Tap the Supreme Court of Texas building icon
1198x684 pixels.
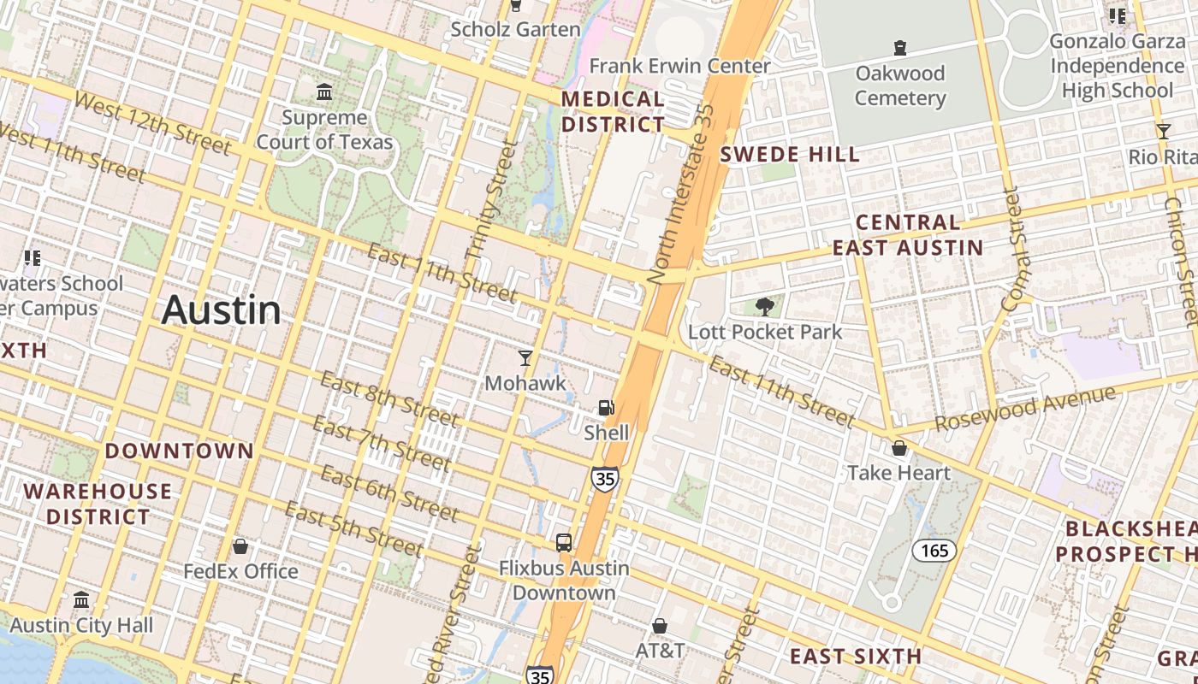[x=324, y=91]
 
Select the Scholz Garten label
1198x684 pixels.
[x=515, y=29]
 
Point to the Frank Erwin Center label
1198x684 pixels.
[x=679, y=66]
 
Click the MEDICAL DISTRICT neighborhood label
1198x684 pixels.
[x=613, y=112]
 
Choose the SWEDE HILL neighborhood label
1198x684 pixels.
[x=789, y=155]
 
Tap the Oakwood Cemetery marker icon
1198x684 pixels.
[x=899, y=48]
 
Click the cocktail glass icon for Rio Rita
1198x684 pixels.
[x=1163, y=131]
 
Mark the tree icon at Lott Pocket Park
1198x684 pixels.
[x=765, y=307]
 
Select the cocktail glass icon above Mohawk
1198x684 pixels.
[x=525, y=357]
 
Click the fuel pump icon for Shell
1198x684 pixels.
[x=606, y=408]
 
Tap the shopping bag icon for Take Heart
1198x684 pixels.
[x=899, y=448]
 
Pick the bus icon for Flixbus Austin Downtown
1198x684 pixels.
[x=563, y=542]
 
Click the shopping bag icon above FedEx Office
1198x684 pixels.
[x=240, y=545]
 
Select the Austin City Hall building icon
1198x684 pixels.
[x=81, y=599]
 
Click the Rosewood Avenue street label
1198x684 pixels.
[x=1025, y=410]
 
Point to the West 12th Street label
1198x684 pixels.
[x=152, y=124]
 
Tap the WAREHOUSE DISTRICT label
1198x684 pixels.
[x=98, y=504]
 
